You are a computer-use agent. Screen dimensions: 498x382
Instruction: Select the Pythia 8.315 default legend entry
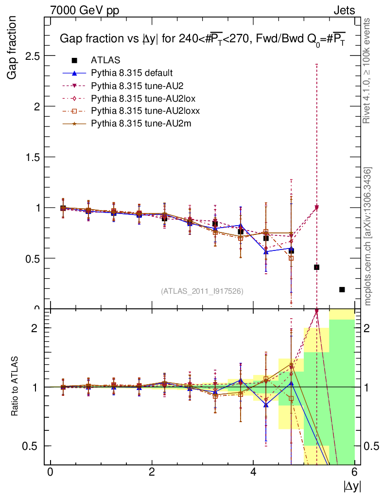click(x=132, y=73)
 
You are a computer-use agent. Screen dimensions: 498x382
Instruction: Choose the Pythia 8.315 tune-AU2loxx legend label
click(x=145, y=111)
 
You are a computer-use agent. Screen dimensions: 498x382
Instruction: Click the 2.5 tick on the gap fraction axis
click(x=33, y=55)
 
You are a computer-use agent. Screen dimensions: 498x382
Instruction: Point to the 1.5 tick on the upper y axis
click(x=33, y=157)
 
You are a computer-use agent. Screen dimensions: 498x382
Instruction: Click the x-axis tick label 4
click(x=253, y=472)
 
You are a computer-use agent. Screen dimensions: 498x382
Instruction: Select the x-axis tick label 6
click(x=354, y=472)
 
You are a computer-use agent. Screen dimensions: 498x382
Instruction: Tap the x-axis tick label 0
click(x=50, y=472)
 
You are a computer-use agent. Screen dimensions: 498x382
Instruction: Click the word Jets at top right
click(x=344, y=10)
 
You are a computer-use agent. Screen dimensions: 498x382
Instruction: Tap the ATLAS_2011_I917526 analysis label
click(x=202, y=291)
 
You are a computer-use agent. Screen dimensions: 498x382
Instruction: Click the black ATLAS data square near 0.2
click(x=342, y=289)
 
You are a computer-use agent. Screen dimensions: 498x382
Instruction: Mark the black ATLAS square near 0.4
click(x=317, y=267)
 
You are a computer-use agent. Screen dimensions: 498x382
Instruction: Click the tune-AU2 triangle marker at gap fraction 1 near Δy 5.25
click(x=317, y=208)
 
